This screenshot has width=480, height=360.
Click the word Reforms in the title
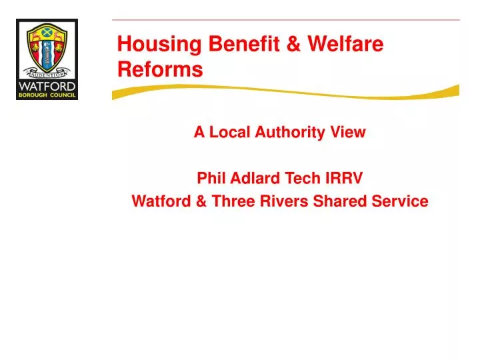[160, 69]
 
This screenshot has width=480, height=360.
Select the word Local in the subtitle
[231, 132]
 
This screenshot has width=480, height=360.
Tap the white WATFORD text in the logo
[47, 86]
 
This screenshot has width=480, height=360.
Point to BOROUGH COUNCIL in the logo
[47, 95]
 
